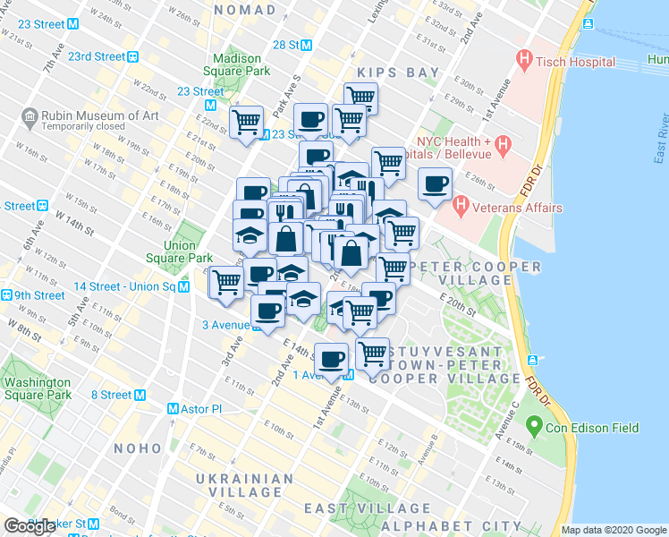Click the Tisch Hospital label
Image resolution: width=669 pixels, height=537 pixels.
[577, 62]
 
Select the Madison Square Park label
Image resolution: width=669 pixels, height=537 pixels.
[236, 63]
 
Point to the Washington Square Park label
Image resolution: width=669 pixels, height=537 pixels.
[37, 388]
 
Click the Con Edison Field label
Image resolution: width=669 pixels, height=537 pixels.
[595, 428]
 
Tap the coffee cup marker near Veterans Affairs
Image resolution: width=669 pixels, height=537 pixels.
[436, 185]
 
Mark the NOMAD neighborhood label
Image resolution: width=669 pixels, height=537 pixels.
[246, 9]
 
